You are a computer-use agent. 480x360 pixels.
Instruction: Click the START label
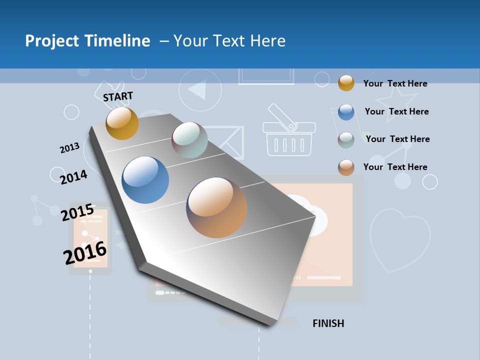118,96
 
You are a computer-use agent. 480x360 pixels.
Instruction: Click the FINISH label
328,323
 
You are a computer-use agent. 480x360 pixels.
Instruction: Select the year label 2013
69,148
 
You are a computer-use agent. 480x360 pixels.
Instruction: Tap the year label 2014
73,177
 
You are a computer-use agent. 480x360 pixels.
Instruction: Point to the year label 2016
85,253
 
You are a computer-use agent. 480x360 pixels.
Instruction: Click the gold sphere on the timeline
122,123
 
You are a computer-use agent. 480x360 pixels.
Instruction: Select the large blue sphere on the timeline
145,180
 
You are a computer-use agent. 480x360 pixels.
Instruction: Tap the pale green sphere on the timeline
189,140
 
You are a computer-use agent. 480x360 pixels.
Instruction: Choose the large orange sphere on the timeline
216,207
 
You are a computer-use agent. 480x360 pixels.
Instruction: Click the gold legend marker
346,83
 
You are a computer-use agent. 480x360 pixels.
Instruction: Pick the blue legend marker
346,112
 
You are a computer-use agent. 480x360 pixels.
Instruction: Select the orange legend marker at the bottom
346,167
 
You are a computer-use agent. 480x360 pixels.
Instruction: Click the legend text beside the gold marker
395,83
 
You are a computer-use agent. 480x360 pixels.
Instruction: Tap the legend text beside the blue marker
396,111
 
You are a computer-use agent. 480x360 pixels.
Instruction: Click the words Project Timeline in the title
87,41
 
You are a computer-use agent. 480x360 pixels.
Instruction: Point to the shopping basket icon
289,132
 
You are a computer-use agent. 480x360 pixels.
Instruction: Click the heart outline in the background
399,240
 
